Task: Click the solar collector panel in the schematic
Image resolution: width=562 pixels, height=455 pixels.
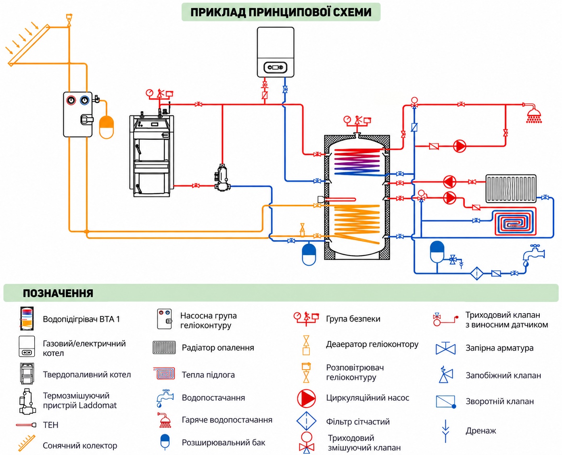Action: pos(29,45)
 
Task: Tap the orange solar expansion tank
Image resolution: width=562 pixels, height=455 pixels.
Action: pos(107,127)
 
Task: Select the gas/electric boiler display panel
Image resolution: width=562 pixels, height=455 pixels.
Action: pos(275,67)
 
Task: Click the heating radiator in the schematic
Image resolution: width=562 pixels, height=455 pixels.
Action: pos(511,188)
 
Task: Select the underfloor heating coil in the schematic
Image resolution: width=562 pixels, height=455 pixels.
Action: pos(516,221)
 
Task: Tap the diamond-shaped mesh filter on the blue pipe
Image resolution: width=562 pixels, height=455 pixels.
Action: pos(477,273)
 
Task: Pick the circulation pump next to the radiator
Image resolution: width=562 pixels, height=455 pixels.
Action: pos(449,182)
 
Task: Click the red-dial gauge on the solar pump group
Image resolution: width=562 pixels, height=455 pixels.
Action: pos(71,100)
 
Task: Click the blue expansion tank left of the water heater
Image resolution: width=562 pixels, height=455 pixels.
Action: pos(309,254)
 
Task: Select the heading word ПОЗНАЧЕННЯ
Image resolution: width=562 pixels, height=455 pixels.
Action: pos(58,293)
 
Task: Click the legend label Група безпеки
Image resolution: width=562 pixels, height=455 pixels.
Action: pos(353,319)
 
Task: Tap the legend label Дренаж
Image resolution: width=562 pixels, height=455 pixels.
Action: pos(481,430)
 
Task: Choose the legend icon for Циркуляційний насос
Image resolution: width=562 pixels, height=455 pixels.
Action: pos(306,398)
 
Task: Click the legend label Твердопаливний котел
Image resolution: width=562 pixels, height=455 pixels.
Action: pos(87,374)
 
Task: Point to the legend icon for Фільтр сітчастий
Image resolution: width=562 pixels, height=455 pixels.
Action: pos(306,421)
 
